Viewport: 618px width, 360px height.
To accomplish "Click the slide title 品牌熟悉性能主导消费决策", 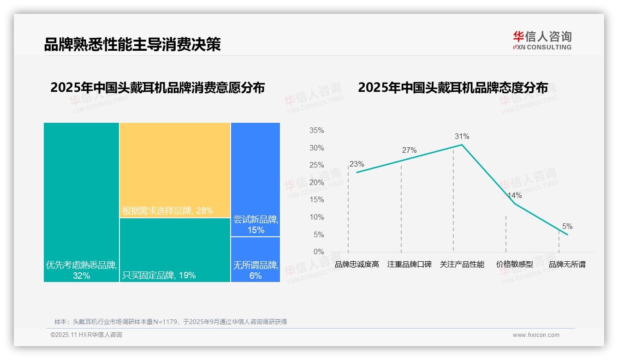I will (x=132, y=44).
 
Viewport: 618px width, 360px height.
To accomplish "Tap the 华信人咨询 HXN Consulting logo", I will (x=542, y=41).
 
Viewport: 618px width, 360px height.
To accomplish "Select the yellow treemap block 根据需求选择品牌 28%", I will (x=175, y=170).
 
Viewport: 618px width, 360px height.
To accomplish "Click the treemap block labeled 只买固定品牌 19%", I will (x=175, y=249).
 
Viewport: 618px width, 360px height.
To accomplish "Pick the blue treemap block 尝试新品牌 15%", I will (x=255, y=179).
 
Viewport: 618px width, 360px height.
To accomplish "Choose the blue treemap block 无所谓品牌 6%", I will (x=255, y=259).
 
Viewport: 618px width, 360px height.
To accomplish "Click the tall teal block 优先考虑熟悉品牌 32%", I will (x=81, y=202).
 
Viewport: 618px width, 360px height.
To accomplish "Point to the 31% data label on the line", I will (x=462, y=137).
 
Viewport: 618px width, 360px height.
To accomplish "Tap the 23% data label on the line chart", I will (x=357, y=164).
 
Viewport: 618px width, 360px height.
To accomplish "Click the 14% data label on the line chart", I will (x=514, y=196).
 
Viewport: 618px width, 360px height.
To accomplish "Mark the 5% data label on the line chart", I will (x=567, y=227).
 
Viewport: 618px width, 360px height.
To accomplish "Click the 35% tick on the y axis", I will (x=316, y=131).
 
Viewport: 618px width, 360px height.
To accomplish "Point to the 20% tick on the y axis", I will (x=316, y=183).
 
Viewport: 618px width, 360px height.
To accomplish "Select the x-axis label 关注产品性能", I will (x=462, y=264).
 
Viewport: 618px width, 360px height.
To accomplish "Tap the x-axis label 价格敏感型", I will (x=515, y=264).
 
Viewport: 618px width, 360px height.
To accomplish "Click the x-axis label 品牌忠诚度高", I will (x=357, y=264).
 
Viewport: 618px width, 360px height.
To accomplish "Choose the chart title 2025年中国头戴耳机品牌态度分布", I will (x=453, y=88).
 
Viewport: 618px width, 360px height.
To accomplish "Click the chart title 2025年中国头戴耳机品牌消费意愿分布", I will (x=157, y=88).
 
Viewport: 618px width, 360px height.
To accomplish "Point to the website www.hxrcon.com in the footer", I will (x=536, y=335).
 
